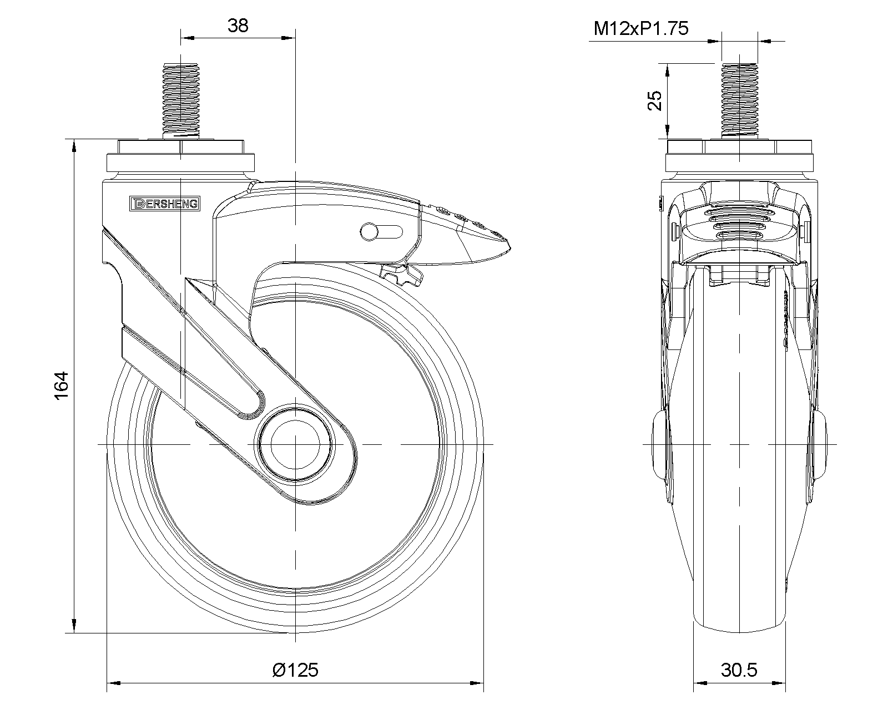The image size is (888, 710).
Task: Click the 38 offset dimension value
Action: (x=238, y=26)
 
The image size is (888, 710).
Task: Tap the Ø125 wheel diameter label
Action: (x=296, y=670)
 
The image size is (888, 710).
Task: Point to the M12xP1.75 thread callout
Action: (x=641, y=28)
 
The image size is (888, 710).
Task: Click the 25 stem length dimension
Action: (x=655, y=100)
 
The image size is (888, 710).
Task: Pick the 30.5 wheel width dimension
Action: (x=739, y=670)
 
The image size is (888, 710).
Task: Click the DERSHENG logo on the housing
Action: (x=164, y=204)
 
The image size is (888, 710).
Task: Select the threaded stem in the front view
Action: (x=739, y=100)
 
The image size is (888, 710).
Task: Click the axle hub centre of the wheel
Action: (x=295, y=444)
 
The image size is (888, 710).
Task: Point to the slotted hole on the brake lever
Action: (x=381, y=231)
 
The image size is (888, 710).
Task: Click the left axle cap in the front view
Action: (x=659, y=444)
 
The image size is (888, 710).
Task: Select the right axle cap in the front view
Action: (x=820, y=444)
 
